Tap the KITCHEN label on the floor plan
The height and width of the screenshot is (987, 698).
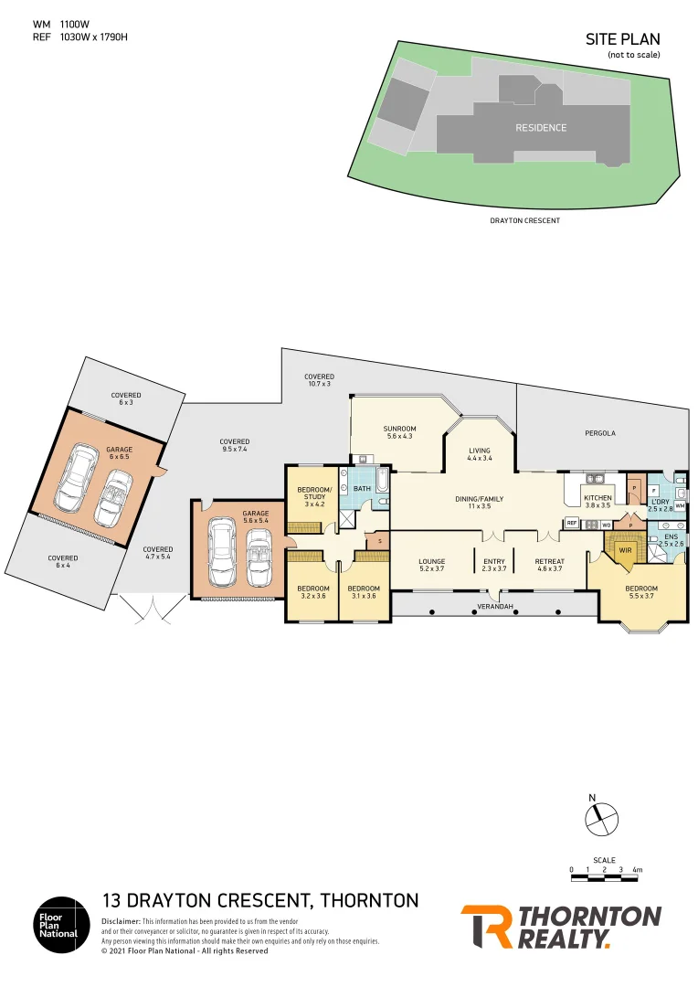[x=598, y=497]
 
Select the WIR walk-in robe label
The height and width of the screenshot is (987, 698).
[x=626, y=551]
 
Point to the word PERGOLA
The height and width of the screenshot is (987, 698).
[x=601, y=432]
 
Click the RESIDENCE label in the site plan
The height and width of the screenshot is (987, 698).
[x=541, y=128]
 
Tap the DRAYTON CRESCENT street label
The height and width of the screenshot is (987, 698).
[x=525, y=220]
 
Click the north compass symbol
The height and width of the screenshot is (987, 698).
[x=602, y=816]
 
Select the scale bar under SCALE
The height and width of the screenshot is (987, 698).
[x=605, y=878]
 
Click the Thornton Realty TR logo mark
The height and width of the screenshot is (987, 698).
[x=485, y=927]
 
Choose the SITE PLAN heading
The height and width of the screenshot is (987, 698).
[x=622, y=39]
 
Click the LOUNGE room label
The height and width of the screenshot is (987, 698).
[x=431, y=561]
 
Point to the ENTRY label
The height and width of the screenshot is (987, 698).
[x=494, y=561]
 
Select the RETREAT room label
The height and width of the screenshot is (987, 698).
[x=550, y=561]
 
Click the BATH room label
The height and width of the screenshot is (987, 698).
[x=363, y=489]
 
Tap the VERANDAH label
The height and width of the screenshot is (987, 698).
[x=493, y=607]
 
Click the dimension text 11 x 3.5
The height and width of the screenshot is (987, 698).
[x=480, y=505]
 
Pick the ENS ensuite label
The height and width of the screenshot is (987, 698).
[x=671, y=536]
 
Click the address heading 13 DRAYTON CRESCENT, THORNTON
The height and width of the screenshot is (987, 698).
[x=260, y=900]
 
